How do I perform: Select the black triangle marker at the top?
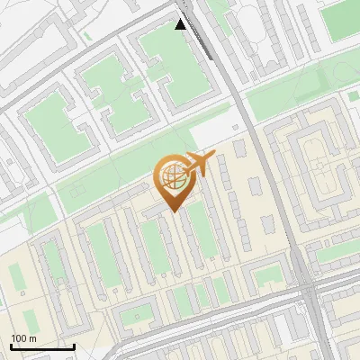tap(181, 24)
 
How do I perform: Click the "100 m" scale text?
tap(24, 338)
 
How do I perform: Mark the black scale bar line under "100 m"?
tap(42, 346)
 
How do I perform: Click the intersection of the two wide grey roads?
tap(308, 294)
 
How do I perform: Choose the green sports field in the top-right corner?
tap(340, 20)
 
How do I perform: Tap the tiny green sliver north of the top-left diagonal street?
tap(86, 36)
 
